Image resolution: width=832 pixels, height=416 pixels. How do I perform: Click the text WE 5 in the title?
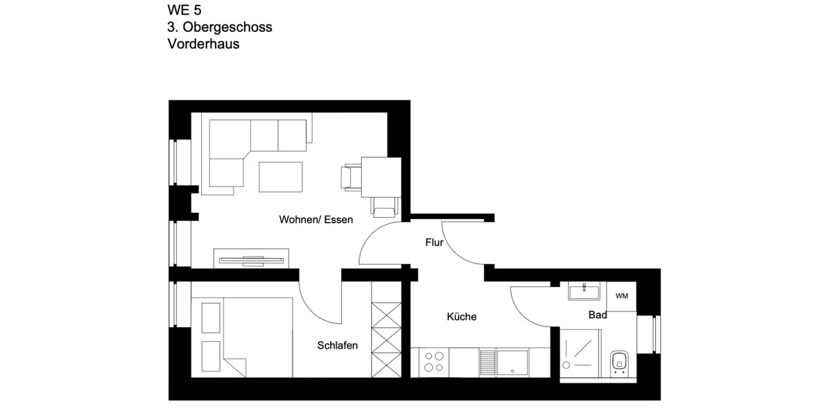tap(184, 10)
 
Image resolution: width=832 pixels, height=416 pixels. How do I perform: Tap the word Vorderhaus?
tap(203, 44)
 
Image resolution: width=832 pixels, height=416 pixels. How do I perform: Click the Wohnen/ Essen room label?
tap(315, 220)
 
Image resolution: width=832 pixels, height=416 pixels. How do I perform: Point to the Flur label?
tap(434, 243)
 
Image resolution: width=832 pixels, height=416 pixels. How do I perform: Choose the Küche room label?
tap(461, 317)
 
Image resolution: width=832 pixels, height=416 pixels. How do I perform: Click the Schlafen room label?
tap(338, 345)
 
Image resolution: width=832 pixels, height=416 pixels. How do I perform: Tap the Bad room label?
tap(598, 315)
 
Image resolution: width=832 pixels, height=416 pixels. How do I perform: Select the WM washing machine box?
tap(622, 296)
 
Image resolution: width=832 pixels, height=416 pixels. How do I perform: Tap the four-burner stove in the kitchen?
tap(434, 363)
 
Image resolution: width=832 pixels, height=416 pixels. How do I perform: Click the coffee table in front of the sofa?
tap(281, 176)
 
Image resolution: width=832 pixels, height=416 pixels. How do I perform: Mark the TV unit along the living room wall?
tap(252, 259)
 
